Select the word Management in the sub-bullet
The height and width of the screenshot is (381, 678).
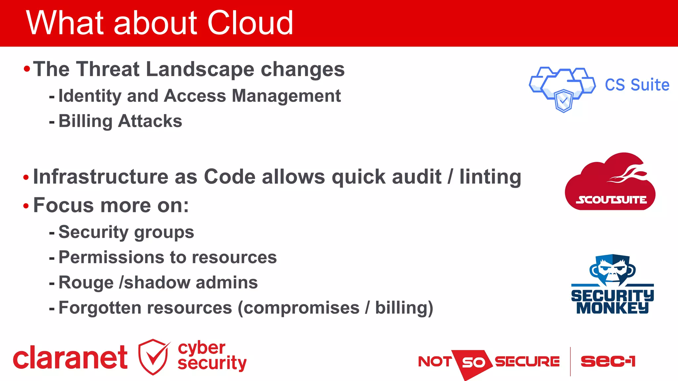pos(286,96)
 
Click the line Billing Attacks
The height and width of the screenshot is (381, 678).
pos(120,121)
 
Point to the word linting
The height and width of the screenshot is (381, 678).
pos(490,177)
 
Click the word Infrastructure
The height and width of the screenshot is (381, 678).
pos(101,177)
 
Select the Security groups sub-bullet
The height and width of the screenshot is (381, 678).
pos(126,232)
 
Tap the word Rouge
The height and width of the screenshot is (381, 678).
pos(86,283)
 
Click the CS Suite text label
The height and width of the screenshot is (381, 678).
pos(637,85)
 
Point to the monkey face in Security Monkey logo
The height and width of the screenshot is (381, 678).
pos(612,270)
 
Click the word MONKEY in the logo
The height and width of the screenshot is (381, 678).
pos(612,308)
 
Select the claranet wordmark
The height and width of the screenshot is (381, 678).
pos(70,358)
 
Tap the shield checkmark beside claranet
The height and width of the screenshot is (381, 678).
pos(154,357)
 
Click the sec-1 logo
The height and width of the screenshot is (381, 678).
pos(608,361)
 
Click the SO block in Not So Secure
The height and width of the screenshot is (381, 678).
pos(473,362)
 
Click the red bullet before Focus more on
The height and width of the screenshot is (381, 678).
pos(26,206)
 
